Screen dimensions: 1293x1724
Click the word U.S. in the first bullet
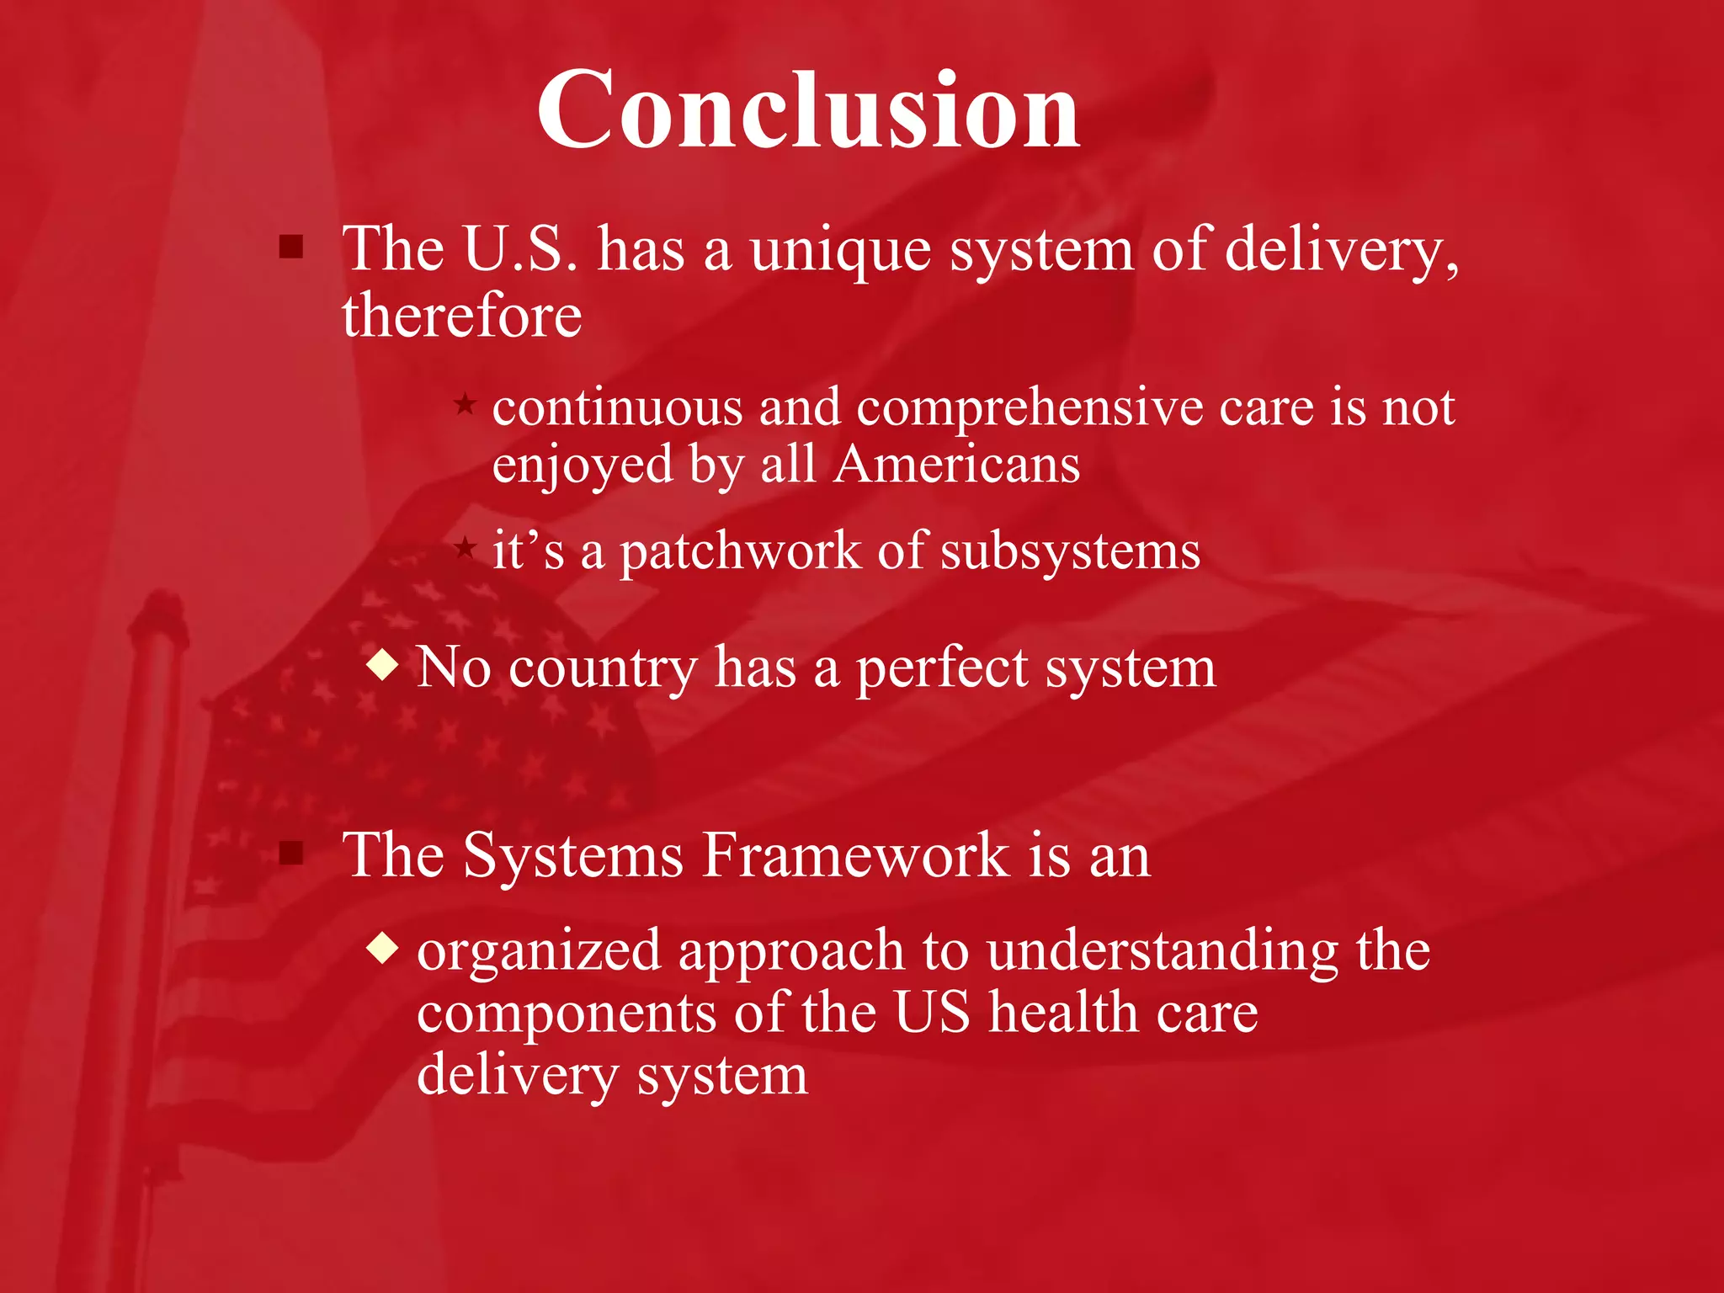(520, 249)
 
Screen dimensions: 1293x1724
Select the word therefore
(461, 316)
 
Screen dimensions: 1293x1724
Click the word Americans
(956, 465)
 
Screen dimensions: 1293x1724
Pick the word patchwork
(740, 553)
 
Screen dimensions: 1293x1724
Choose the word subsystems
(1069, 553)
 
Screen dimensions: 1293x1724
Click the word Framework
(855, 855)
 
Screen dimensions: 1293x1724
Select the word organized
(539, 952)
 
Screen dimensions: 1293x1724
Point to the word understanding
(1162, 951)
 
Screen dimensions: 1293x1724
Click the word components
(567, 1014)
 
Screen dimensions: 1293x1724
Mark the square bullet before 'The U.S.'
(291, 247)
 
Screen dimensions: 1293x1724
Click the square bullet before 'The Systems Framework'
(291, 854)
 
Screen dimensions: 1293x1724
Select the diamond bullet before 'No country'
(383, 665)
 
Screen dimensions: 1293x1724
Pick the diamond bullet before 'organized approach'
(383, 948)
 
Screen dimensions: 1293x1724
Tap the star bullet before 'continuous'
(465, 404)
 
